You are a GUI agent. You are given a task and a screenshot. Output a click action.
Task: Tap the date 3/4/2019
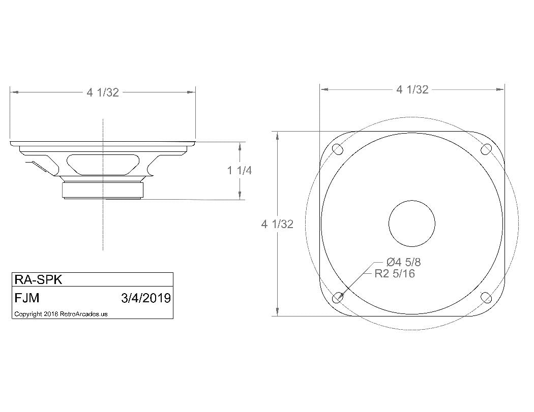click(146, 297)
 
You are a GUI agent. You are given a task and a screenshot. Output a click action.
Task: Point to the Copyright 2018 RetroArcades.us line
click(61, 314)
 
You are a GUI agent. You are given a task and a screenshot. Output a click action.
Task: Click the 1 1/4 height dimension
click(239, 171)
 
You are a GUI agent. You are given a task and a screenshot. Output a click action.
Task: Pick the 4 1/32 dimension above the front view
click(412, 89)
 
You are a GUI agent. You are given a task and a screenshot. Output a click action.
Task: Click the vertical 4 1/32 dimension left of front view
click(277, 224)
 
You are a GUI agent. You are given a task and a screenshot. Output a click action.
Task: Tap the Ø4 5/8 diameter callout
click(403, 262)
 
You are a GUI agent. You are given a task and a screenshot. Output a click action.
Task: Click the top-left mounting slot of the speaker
click(337, 149)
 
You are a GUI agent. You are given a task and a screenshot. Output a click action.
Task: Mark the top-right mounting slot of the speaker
click(487, 149)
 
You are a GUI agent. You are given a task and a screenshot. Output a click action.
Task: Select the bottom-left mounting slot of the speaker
click(337, 298)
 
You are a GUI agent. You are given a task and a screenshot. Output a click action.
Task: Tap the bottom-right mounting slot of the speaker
click(487, 298)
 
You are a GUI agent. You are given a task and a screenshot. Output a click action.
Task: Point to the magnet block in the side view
click(103, 191)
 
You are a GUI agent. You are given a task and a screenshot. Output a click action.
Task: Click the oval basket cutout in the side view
click(103, 164)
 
